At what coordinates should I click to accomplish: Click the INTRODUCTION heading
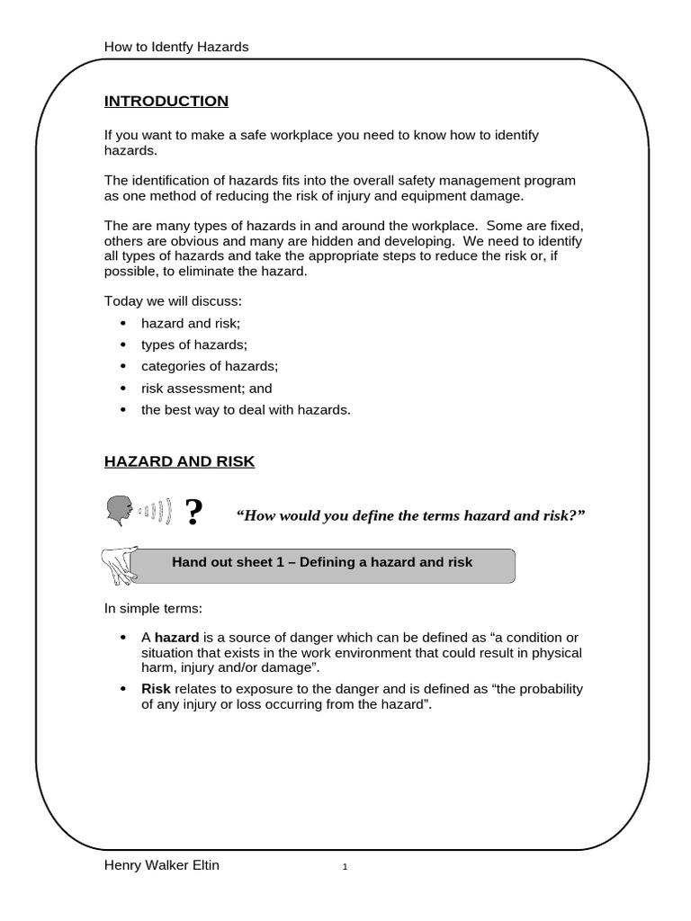tap(166, 101)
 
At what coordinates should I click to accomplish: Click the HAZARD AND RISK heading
tap(179, 461)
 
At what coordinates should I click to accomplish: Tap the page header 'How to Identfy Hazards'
tap(176, 46)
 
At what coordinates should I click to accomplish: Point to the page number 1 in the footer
tap(345, 867)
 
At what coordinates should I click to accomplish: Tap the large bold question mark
tap(193, 513)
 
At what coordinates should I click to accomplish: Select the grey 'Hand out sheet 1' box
tap(322, 562)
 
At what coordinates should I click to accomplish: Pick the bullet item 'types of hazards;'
tap(193, 344)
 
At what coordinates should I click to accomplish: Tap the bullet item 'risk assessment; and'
tap(206, 389)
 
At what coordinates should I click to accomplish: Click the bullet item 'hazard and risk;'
tap(191, 323)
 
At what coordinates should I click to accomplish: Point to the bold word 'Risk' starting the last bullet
tap(156, 689)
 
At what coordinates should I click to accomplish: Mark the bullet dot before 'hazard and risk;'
tap(123, 323)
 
